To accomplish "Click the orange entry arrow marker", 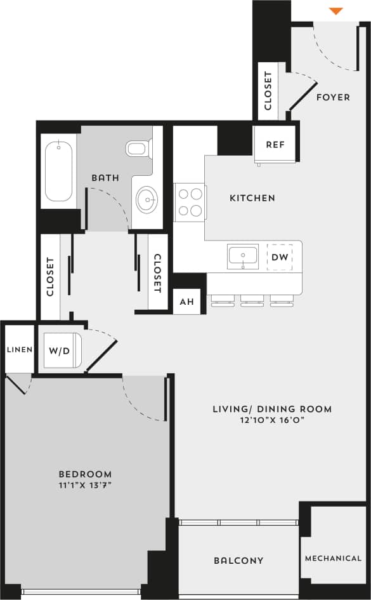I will (x=337, y=11).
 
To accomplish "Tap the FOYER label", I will (x=333, y=97).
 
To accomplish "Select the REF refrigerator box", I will (x=275, y=144).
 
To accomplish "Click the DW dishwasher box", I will (x=280, y=257).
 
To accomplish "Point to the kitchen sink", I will (x=243, y=257).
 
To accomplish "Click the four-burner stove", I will (x=190, y=202).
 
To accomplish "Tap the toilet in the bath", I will (x=138, y=149).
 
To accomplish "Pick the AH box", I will (x=186, y=302).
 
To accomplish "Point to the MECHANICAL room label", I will (x=333, y=559).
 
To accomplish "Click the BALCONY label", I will (x=238, y=561).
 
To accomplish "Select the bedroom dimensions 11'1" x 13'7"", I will (x=85, y=486).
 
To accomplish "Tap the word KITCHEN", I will (x=252, y=198).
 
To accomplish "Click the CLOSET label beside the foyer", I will (x=268, y=91).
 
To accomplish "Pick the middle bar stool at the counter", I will (x=252, y=302).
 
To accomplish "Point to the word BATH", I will (x=105, y=178).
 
